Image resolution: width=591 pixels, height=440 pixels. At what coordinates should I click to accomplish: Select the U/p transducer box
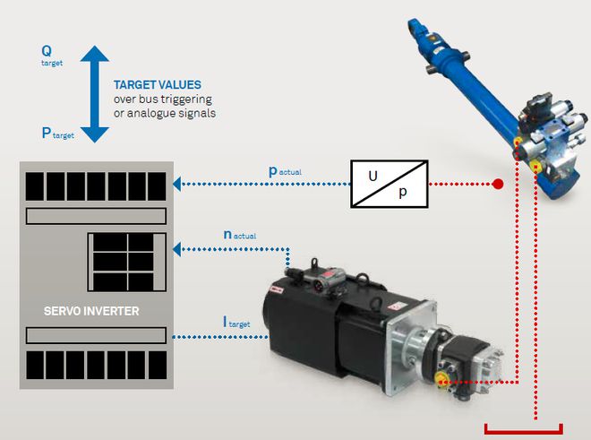click(388, 184)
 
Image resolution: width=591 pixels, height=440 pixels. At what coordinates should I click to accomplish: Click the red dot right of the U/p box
click(498, 185)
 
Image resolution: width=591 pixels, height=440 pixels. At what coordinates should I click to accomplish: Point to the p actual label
click(287, 170)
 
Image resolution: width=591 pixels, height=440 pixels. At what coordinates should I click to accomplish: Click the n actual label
click(239, 235)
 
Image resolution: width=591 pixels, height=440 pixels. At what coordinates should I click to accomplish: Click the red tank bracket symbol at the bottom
click(523, 427)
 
